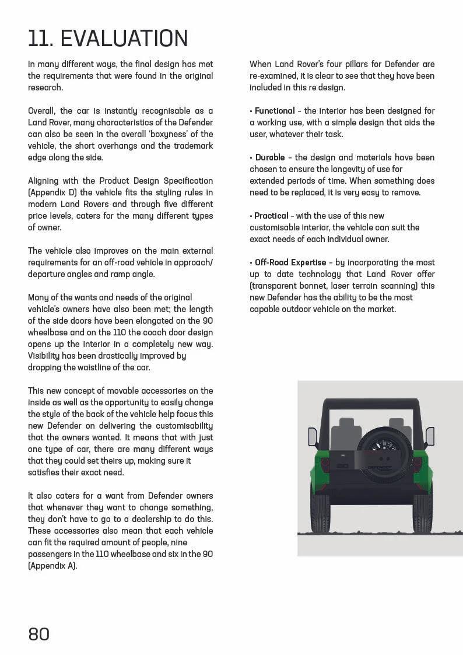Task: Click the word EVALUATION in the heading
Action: tap(124, 38)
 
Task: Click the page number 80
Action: tap(39, 634)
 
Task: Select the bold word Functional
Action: tap(275, 111)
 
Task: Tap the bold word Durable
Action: tap(270, 157)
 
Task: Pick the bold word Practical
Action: tap(271, 216)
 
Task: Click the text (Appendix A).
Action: tap(52, 566)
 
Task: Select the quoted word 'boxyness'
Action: tap(162, 134)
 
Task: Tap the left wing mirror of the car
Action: tap(313, 436)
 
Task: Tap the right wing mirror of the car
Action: tap(430, 436)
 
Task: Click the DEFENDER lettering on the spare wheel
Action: tap(380, 467)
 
